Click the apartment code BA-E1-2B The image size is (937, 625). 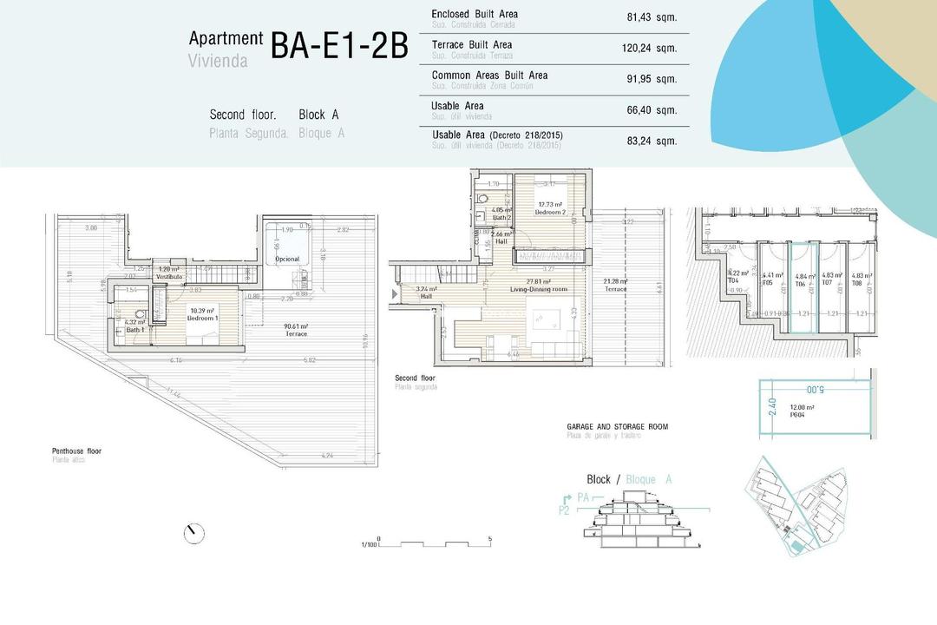(x=338, y=47)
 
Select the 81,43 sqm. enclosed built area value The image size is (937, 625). (x=651, y=16)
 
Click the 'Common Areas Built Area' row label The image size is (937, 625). (x=489, y=76)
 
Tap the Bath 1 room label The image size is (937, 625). (x=135, y=326)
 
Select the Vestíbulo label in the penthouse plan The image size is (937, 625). (x=168, y=273)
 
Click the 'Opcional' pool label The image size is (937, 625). (x=286, y=259)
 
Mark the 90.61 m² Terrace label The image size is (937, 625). (x=297, y=330)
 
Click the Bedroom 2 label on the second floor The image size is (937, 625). (x=550, y=209)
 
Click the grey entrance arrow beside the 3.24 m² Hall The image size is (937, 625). (x=396, y=294)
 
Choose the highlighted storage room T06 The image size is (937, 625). (x=801, y=286)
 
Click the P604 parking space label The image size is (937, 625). (x=802, y=411)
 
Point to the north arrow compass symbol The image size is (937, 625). (x=194, y=533)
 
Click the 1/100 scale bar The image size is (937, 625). (x=434, y=543)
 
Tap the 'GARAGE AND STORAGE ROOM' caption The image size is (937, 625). (x=617, y=427)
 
